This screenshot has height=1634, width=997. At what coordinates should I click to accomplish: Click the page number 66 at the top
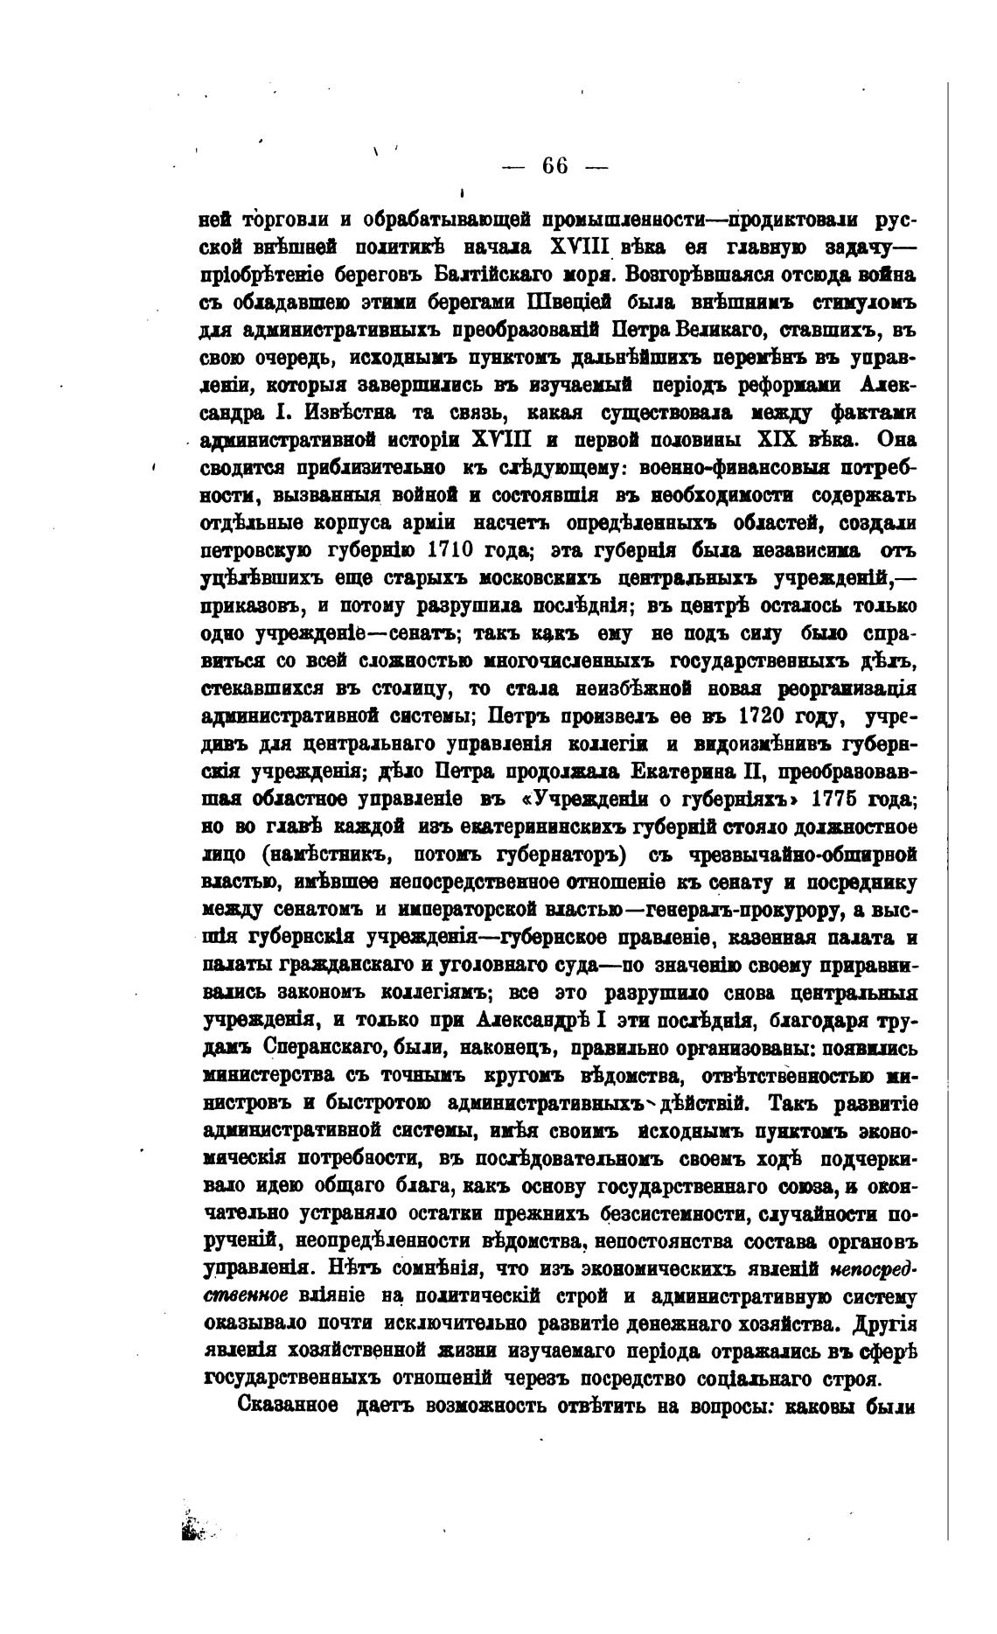(555, 165)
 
